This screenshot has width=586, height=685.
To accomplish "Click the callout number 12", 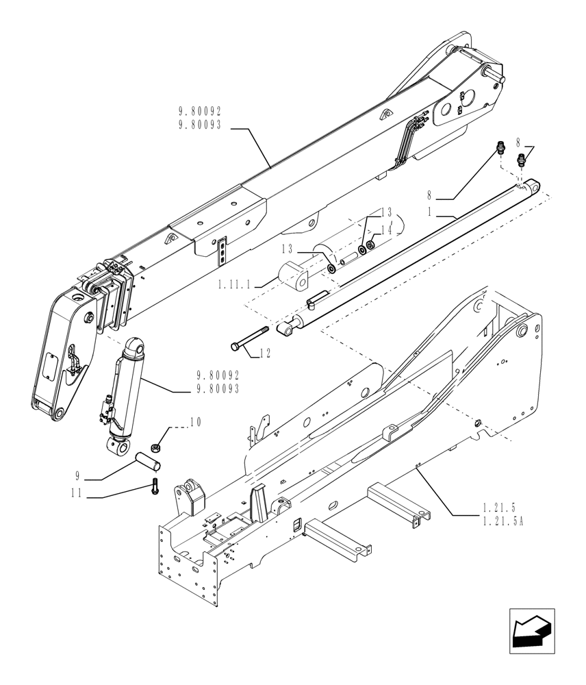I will point(265,353).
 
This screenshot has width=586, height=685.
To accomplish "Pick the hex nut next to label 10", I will point(156,447).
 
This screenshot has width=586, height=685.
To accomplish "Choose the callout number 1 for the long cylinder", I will point(430,212).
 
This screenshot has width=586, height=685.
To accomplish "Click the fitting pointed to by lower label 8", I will point(500,147).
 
